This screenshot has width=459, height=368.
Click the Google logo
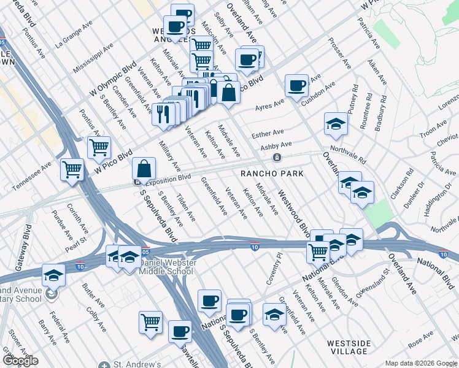coord(20,361)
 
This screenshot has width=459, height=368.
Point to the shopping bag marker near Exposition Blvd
coord(144,169)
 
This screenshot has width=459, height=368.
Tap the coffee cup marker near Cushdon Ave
coord(296,86)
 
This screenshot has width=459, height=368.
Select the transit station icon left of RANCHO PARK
coord(277,158)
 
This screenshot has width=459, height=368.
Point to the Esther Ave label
coord(267,133)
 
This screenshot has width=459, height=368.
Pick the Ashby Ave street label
coord(276,145)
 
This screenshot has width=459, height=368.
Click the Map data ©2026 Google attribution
coord(420,363)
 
